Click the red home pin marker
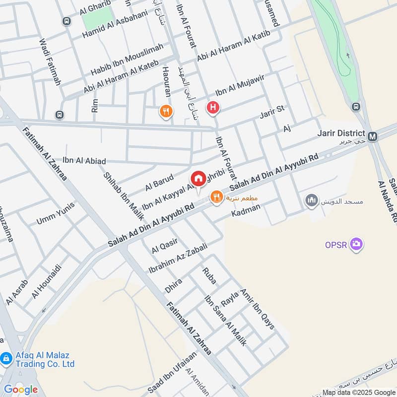click(x=198, y=179)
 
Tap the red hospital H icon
click(x=213, y=107)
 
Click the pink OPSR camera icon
click(x=356, y=244)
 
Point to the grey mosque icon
click(x=312, y=200)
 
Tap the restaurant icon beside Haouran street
click(x=166, y=112)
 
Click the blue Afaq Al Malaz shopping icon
click(x=6, y=357)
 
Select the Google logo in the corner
click(x=20, y=389)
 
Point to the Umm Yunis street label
click(x=56, y=213)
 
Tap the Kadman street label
click(x=246, y=212)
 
